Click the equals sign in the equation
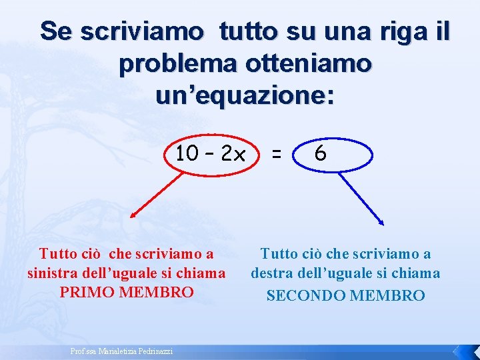(275, 155)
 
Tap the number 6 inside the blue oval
(321, 155)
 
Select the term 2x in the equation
(233, 155)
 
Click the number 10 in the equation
(187, 155)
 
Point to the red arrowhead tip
(131, 218)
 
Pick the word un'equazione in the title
(245, 96)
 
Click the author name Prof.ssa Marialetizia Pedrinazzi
(121, 351)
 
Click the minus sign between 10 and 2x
(210, 155)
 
